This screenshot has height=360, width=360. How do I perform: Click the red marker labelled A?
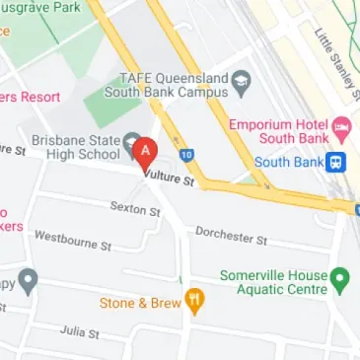coord(146,152)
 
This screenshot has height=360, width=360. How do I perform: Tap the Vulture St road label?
coord(170,179)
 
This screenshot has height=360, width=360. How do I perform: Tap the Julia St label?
coord(79,332)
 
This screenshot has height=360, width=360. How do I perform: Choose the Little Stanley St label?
coord(334,53)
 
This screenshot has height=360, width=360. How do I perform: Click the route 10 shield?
coord(186,155)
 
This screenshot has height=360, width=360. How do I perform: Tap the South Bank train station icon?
coord(338,162)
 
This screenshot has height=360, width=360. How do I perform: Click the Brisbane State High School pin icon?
coord(128,149)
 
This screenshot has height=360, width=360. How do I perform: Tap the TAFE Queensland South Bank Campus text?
coord(174,87)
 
